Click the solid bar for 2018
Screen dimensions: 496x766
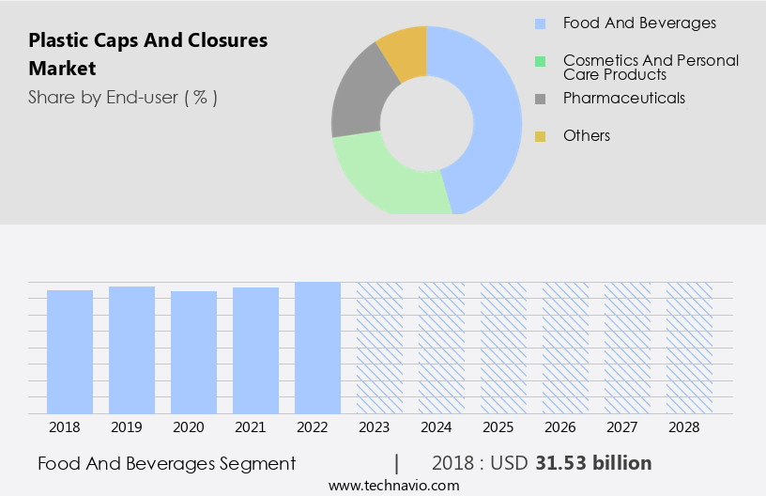click(x=69, y=351)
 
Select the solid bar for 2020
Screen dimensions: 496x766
click(x=193, y=352)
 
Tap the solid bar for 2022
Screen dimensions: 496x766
click(x=317, y=348)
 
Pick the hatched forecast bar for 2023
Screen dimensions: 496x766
click(x=379, y=348)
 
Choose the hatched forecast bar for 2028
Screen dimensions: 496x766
click(x=689, y=348)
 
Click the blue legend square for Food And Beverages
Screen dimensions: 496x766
click(x=540, y=23)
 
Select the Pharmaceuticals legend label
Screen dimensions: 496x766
click(x=623, y=99)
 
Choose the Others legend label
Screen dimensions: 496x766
click(x=586, y=136)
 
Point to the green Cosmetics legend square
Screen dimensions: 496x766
click(x=540, y=62)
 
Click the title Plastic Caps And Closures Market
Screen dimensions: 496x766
click(x=147, y=54)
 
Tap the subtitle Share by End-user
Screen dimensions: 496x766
click(x=122, y=98)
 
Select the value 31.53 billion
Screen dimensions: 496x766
click(x=593, y=463)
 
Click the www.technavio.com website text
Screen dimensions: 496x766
click(x=393, y=486)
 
